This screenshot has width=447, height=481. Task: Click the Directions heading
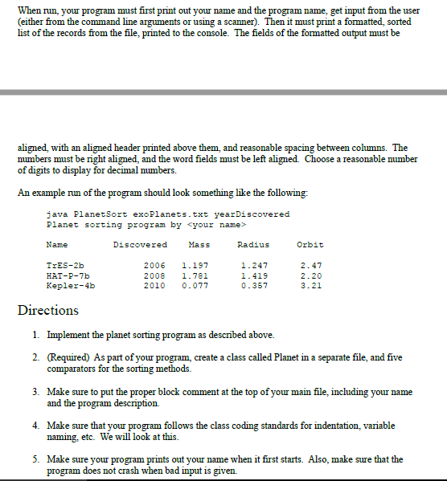[x=48, y=310]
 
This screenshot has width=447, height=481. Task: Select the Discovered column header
[x=140, y=244]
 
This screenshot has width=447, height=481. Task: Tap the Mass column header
[x=198, y=244]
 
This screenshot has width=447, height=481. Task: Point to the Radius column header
[x=254, y=244]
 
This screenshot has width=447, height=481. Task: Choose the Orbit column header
[x=310, y=244]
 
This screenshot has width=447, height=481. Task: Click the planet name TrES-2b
[x=65, y=265]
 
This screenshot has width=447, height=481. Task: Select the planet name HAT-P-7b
[x=68, y=275]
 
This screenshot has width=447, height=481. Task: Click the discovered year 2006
[x=154, y=265]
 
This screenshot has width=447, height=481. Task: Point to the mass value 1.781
[x=196, y=275]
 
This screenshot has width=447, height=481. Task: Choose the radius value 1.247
[x=254, y=265]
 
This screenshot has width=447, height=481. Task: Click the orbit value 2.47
[x=310, y=265]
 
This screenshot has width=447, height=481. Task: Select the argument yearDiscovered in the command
[x=253, y=214]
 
